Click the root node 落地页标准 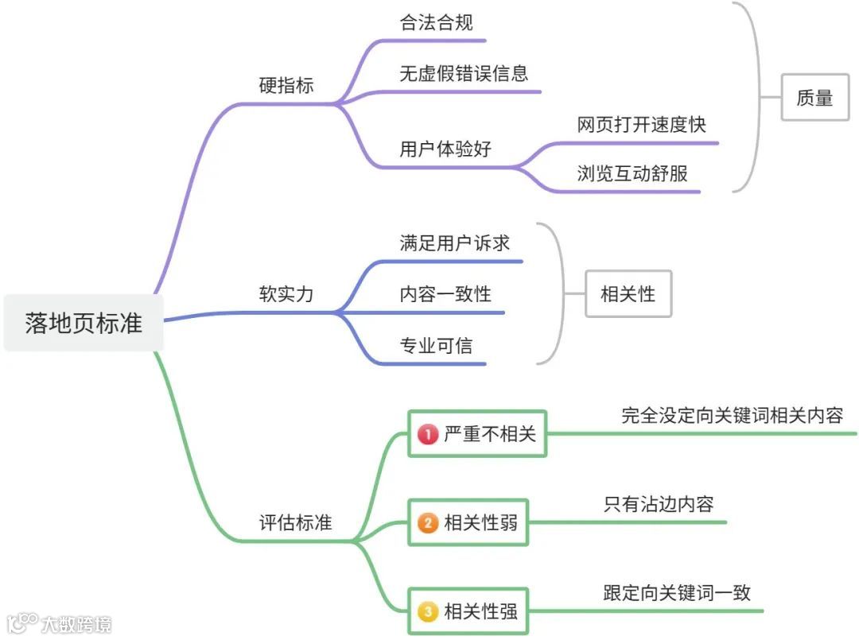[x=84, y=323]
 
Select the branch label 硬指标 [x=286, y=85]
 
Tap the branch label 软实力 [x=286, y=294]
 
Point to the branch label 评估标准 [x=295, y=522]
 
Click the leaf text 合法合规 [x=437, y=23]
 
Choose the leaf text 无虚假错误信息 [x=464, y=74]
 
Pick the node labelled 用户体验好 [x=445, y=149]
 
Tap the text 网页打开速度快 [x=641, y=125]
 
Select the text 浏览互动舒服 [x=632, y=173]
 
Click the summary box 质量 [x=814, y=97]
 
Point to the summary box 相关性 [x=628, y=294]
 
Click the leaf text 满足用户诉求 [x=454, y=243]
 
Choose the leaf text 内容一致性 [x=445, y=294]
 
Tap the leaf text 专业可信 [x=436, y=345]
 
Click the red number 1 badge [x=428, y=434]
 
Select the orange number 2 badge [x=428, y=523]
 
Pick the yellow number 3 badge [x=428, y=611]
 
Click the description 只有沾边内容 [x=658, y=504]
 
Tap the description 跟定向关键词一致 [x=677, y=592]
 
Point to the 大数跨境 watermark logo [x=60, y=623]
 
